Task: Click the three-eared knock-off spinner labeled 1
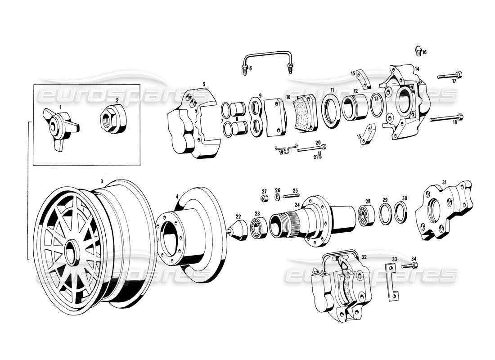[x=58, y=127]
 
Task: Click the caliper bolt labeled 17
[x=450, y=75]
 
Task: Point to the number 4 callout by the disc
[x=177, y=196]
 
